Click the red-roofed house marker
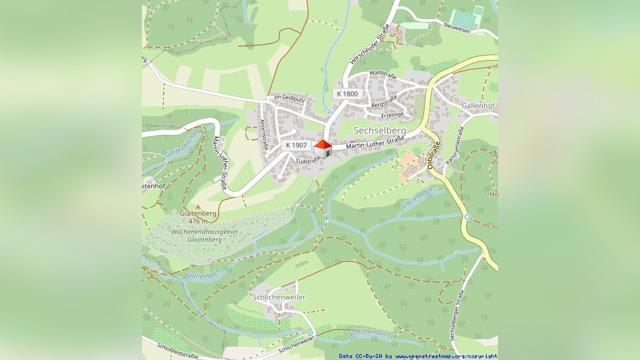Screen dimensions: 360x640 point(322,149)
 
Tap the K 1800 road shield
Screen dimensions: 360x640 point(347,94)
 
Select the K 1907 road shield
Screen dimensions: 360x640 point(295,145)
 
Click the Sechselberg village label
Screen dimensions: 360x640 point(380,130)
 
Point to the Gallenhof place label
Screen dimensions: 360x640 point(478,106)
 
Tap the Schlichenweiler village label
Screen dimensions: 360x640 point(279,297)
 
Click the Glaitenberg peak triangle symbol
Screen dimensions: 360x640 point(197,207)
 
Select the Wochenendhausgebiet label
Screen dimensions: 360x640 point(204,233)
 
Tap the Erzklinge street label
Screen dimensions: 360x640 point(392,115)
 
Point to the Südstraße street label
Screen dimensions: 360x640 point(308,161)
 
